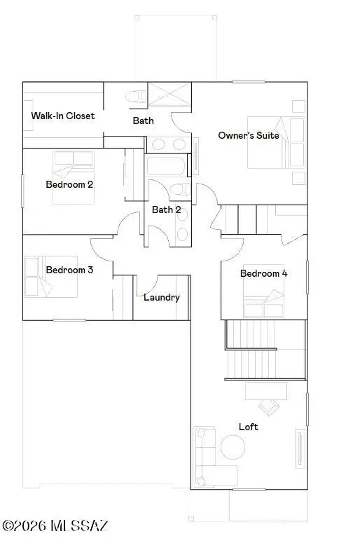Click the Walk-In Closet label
63,116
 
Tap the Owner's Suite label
249,135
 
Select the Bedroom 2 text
70,185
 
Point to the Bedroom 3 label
70,270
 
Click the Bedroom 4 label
264,273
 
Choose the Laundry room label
162,297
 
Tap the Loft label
249,427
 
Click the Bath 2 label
167,209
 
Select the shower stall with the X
168,96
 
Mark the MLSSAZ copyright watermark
55,525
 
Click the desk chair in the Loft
268,406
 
